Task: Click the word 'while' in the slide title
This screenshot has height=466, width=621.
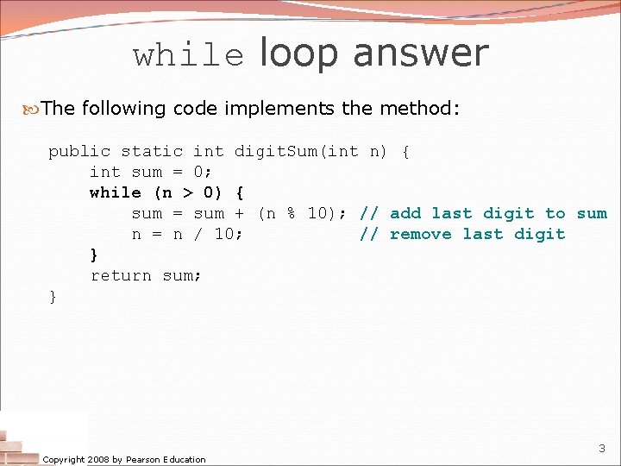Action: point(188,56)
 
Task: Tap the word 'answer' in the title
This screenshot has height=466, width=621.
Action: point(421,54)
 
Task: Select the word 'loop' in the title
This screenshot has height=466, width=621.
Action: point(298,54)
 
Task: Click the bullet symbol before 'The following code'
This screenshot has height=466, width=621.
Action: point(32,109)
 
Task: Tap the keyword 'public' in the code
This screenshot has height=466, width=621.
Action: point(79,151)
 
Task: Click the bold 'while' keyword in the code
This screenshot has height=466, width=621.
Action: point(116,192)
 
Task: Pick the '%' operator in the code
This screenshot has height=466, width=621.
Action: point(292,213)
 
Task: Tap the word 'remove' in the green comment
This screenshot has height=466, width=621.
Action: point(421,234)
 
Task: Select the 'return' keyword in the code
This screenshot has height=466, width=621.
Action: point(121,275)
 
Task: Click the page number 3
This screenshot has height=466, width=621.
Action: point(601,449)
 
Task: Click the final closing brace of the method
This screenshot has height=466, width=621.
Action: point(53,296)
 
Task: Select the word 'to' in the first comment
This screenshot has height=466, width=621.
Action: point(555,213)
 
